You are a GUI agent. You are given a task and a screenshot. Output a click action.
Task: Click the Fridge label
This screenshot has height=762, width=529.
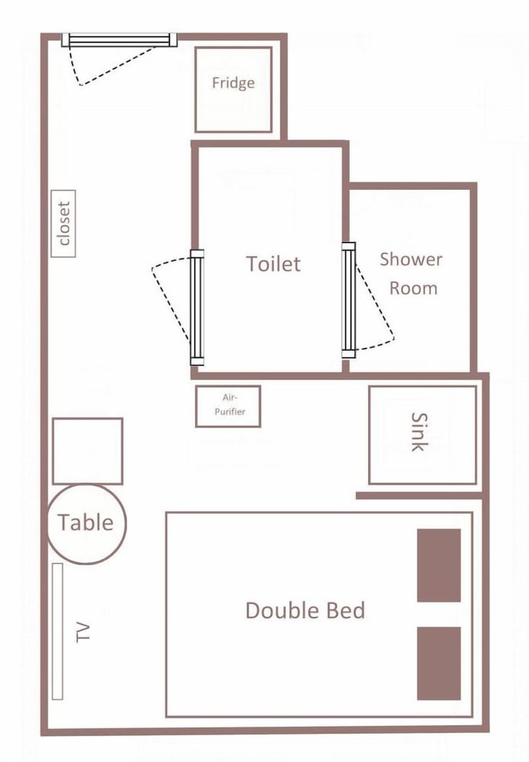click(233, 83)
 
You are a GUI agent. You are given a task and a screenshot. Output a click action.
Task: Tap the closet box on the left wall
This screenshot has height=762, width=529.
click(63, 223)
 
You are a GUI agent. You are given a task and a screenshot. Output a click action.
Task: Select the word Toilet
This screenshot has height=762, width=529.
click(273, 264)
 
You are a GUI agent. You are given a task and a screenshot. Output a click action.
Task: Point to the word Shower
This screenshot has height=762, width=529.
click(411, 259)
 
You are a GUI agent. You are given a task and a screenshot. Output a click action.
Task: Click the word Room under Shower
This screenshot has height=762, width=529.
click(413, 288)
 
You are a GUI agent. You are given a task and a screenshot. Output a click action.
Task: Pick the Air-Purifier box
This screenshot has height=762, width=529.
click(228, 406)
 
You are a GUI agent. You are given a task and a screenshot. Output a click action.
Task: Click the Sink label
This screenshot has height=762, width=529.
click(419, 431)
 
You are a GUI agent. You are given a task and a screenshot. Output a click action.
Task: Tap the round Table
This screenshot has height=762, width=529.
click(87, 524)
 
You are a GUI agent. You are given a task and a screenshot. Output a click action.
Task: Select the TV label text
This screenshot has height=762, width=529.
click(84, 632)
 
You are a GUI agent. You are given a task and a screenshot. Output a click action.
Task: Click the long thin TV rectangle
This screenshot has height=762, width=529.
click(57, 631)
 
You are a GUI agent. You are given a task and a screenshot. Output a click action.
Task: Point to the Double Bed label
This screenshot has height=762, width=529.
click(305, 610)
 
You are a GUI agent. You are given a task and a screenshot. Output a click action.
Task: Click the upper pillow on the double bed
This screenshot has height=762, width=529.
click(438, 565)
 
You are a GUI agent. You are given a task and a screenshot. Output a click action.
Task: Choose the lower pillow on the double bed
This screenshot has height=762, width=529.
click(438, 664)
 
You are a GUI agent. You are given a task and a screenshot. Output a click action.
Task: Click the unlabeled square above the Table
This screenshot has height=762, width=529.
click(88, 451)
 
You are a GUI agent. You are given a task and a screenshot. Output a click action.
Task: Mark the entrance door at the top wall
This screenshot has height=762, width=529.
click(119, 40)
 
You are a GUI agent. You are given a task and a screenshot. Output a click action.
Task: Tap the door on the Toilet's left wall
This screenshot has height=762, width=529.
click(197, 307)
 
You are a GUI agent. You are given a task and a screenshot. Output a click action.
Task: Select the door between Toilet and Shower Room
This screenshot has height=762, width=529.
click(348, 300)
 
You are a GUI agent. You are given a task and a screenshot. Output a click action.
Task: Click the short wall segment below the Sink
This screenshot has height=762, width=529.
click(419, 496)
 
